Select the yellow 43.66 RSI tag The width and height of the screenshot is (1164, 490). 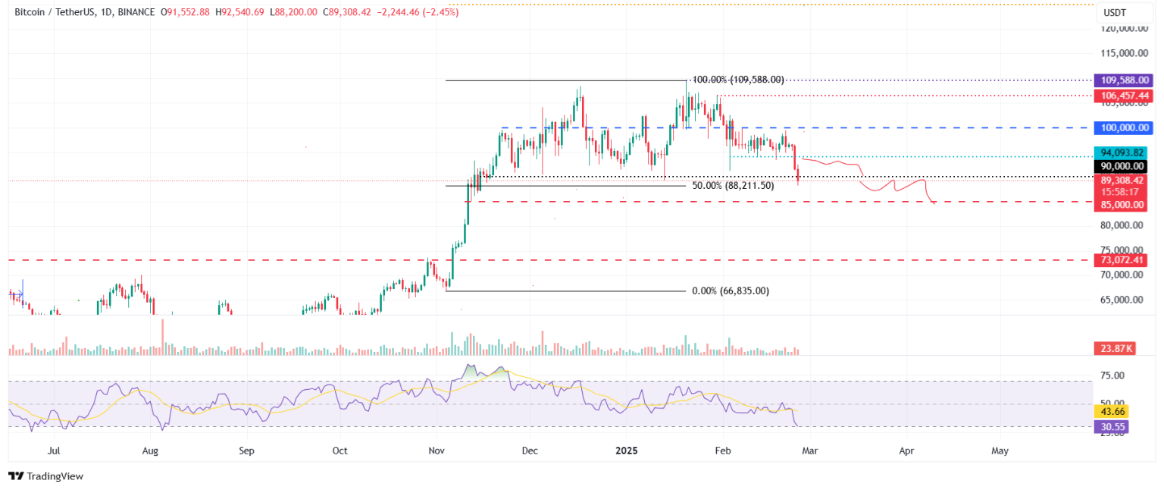[1112, 411]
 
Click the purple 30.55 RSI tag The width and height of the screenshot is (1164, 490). [1112, 427]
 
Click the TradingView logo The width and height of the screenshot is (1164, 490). [46, 476]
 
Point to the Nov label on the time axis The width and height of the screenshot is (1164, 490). [436, 451]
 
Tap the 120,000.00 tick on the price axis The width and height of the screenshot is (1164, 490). [1123, 29]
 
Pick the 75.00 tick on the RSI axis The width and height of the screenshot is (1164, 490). [1113, 375]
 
